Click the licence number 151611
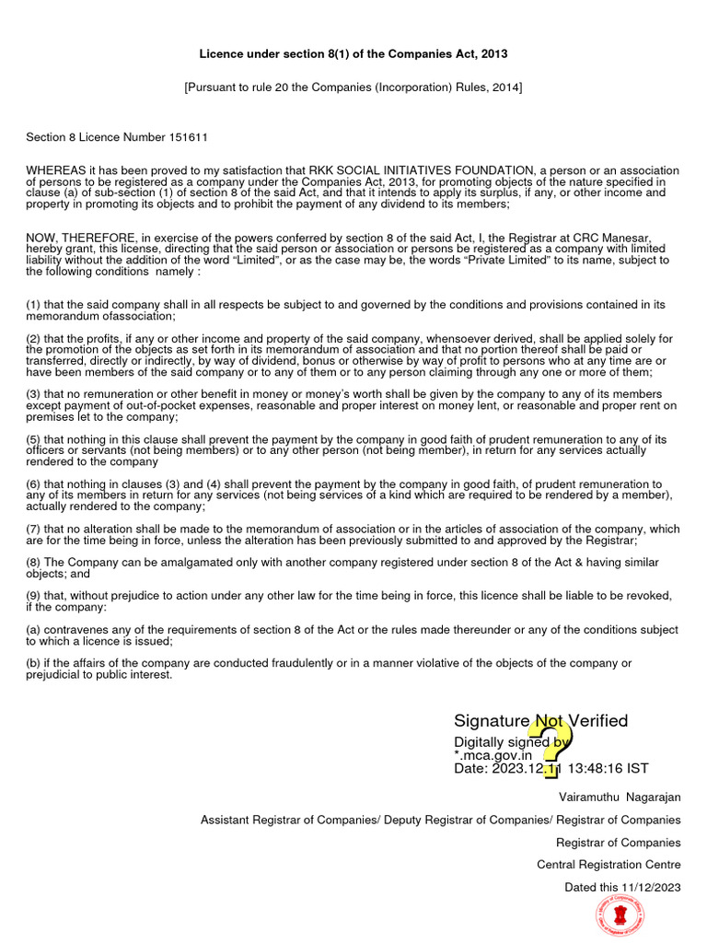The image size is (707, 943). click(x=188, y=137)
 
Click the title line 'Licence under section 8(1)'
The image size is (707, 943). click(x=353, y=54)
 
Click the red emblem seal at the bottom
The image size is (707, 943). click(x=620, y=917)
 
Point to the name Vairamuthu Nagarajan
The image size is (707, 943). click(x=620, y=797)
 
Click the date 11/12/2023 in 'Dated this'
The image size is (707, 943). click(x=651, y=887)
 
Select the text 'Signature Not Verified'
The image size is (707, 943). click(x=540, y=721)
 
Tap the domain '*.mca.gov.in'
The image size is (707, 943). click(x=493, y=755)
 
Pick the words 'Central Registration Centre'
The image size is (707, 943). click(x=608, y=865)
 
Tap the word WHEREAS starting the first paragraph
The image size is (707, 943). click(x=56, y=170)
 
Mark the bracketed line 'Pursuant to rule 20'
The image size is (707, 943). click(x=353, y=87)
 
